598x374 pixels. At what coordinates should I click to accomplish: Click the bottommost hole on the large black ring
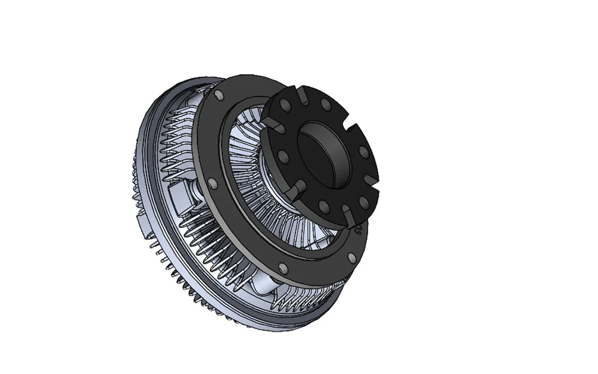click(283, 268)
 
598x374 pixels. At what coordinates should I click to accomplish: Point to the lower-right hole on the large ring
click(350, 256)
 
